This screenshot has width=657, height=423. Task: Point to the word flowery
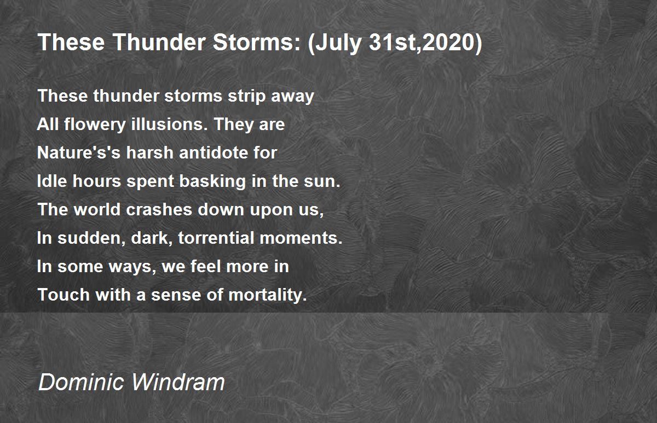pyautogui.click(x=95, y=125)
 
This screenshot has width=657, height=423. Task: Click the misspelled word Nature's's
pyautogui.click(x=79, y=152)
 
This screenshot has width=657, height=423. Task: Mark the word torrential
pyautogui.click(x=216, y=237)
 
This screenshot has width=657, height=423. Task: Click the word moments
pyautogui.click(x=301, y=238)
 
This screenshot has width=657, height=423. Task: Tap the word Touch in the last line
pyautogui.click(x=64, y=295)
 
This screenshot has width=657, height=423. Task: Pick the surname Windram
pyautogui.click(x=178, y=382)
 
